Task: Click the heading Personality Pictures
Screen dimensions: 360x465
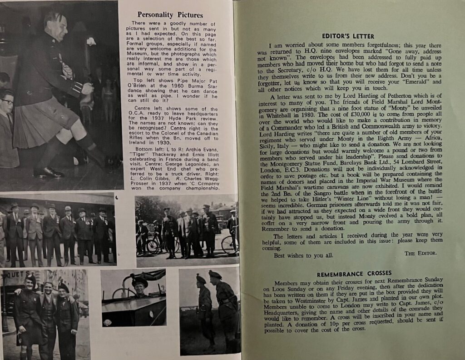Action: tap(170, 15)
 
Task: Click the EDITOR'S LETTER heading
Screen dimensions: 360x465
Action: tap(348, 36)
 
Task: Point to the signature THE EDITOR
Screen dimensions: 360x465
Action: tap(420, 253)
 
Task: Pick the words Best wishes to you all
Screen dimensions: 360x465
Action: tap(297, 255)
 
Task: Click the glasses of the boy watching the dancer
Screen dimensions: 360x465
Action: tap(8, 102)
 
